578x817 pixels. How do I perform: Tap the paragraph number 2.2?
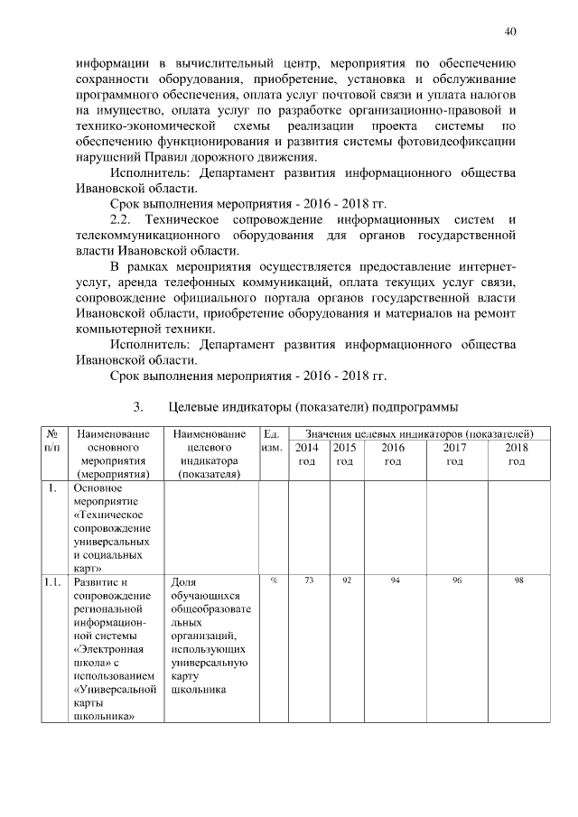[x=121, y=219]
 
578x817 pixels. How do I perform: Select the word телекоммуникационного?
[x=149, y=235]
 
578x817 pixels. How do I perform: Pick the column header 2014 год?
[x=308, y=454]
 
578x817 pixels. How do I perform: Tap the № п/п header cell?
[x=53, y=441]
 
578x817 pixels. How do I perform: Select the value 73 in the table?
[x=308, y=580]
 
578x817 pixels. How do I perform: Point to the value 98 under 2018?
[x=518, y=580]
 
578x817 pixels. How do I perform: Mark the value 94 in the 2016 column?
[x=395, y=580]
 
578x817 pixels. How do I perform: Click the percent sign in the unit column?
[x=273, y=580]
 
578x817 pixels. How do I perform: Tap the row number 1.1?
[x=51, y=582]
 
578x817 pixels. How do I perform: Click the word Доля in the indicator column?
[x=184, y=582]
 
